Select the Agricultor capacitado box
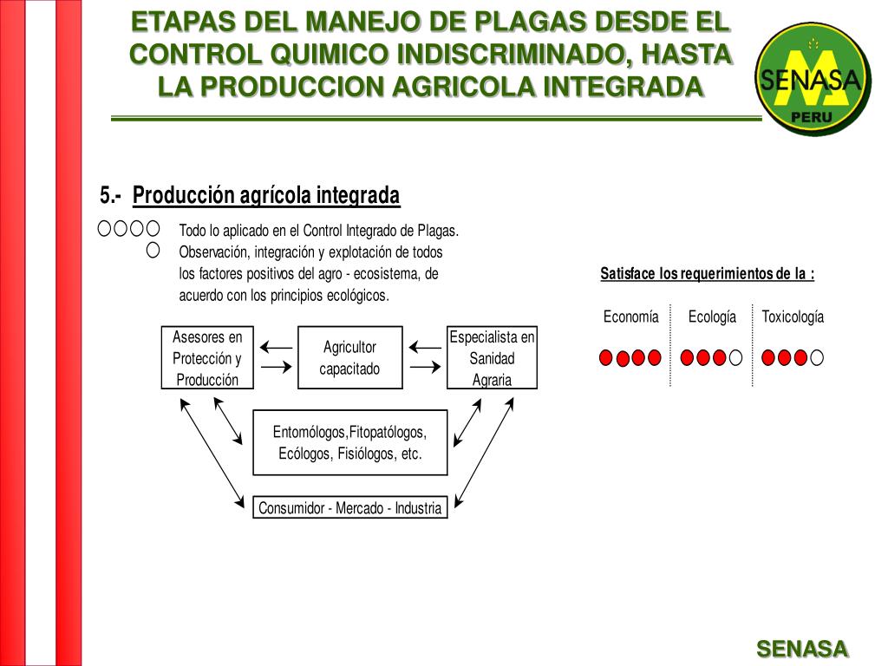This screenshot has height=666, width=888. [349, 357]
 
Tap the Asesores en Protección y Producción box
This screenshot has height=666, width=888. [207, 357]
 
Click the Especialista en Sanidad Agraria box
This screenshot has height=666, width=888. [492, 357]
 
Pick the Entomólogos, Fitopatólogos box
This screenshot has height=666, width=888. [349, 442]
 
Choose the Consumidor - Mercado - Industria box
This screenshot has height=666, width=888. [349, 508]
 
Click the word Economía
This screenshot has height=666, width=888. [630, 317]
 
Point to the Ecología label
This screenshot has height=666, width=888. [712, 317]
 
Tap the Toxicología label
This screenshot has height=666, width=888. [793, 317]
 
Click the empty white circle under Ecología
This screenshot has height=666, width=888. [735, 357]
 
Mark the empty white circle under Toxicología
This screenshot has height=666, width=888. [817, 357]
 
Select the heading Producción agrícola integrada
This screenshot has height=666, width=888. [266, 196]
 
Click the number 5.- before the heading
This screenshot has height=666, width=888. [110, 196]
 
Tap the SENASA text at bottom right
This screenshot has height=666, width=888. [802, 649]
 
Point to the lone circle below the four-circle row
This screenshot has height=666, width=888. [153, 251]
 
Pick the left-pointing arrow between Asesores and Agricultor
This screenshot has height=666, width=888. [276, 347]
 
